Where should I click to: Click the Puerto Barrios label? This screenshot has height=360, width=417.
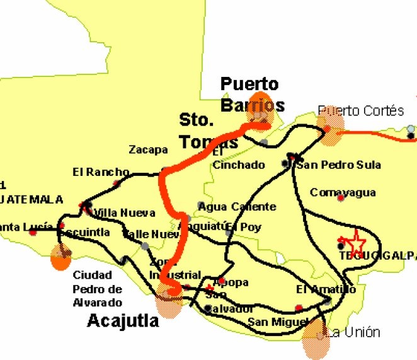(x=252, y=94)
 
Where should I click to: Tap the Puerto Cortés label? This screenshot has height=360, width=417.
(x=361, y=111)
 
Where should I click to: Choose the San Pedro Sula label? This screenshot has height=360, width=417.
(x=339, y=165)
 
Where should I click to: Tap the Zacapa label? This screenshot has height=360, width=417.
(x=148, y=150)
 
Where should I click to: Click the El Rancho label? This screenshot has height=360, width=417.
(x=101, y=171)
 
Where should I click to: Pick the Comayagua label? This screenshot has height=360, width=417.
(x=343, y=193)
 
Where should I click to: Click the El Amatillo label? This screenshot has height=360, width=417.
(x=326, y=289)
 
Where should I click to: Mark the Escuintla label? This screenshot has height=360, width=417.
(x=84, y=233)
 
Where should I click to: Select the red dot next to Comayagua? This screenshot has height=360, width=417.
(x=341, y=199)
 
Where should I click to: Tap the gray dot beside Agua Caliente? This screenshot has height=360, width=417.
(x=201, y=206)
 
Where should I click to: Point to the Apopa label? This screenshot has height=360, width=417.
(x=231, y=282)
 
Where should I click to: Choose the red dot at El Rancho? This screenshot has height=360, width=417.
(x=117, y=183)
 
